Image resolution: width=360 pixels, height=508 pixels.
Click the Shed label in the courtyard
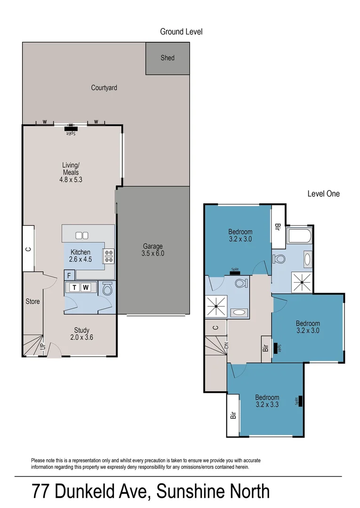click(168, 58)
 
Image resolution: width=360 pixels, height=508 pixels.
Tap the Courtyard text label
click(104, 87)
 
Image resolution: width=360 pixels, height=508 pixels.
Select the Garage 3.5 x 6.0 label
click(153, 250)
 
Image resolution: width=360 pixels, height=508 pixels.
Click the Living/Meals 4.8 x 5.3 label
click(71, 172)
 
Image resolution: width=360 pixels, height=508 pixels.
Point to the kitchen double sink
click(82, 235)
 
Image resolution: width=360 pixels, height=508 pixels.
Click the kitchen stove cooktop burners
click(109, 255)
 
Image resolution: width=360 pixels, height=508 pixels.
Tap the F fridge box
click(69, 275)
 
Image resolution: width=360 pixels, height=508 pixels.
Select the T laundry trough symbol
click(74, 287)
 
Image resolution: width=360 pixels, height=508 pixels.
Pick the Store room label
click(32, 301)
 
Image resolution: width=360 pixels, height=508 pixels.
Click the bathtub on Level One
click(299, 236)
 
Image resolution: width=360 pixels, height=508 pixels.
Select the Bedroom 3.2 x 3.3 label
click(267, 400)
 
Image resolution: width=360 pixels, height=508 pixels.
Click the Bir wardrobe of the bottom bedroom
click(233, 415)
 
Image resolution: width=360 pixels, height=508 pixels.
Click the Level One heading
click(323, 193)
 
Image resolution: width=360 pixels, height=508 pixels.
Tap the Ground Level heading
click(181, 32)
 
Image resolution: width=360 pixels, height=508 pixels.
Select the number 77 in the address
click(41, 492)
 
